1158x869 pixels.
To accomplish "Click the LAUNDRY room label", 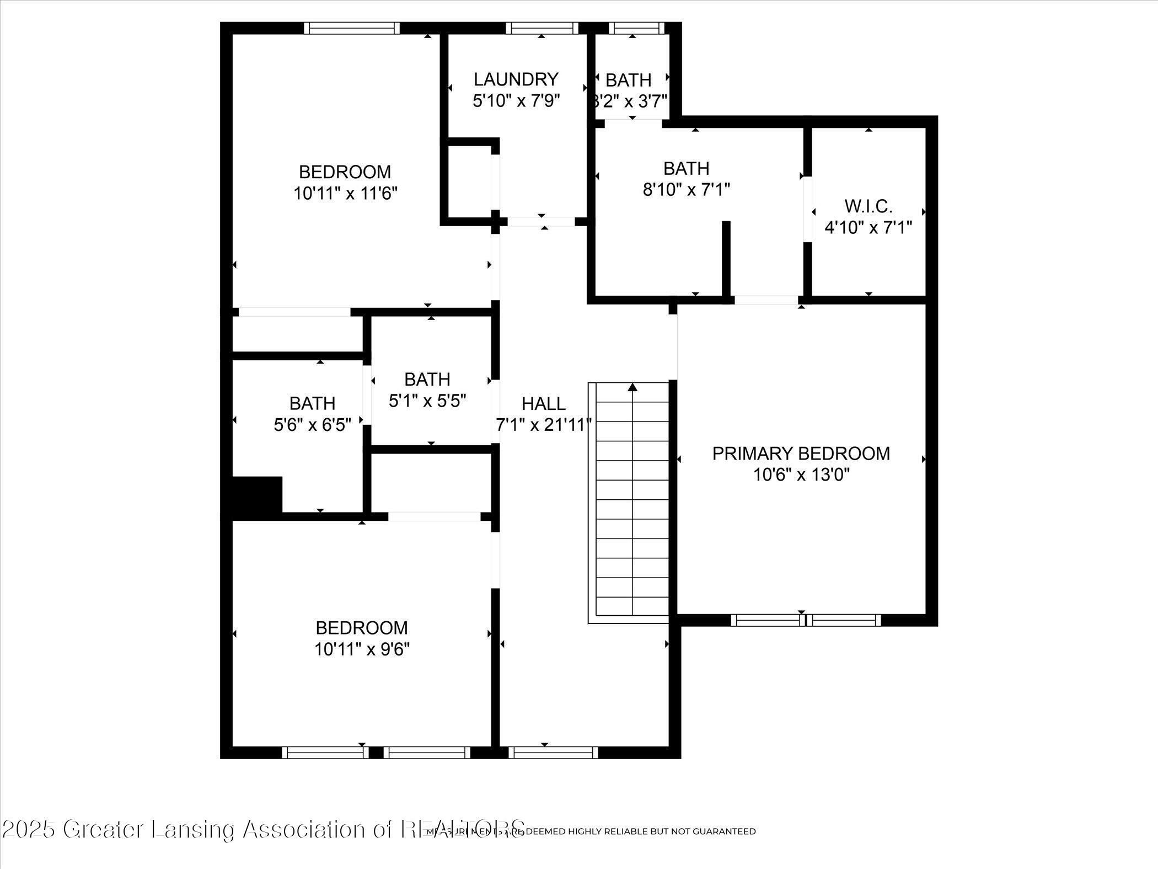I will [516, 79].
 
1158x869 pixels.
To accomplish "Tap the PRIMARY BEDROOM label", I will [801, 454].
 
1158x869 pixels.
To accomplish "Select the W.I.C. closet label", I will [868, 207].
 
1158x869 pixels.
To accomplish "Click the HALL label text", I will [543, 404].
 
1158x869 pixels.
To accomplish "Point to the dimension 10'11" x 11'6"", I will [345, 194].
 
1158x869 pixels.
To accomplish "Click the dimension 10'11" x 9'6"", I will [362, 649].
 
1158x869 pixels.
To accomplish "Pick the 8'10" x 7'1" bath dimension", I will [686, 190].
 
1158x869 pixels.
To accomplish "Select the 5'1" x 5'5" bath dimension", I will [427, 401].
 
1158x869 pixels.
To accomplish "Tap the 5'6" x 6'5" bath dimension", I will [312, 425].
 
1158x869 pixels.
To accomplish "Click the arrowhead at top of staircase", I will [632, 387].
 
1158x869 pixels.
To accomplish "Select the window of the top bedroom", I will [352, 28].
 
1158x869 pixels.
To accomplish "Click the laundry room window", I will [542, 28].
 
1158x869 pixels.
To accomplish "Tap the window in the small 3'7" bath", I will [632, 28].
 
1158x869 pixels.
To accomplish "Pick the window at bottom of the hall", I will [553, 752].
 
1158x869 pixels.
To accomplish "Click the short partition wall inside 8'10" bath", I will [726, 258].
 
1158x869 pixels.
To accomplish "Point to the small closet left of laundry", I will [469, 182].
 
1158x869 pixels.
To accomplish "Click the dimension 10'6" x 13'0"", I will [801, 475].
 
